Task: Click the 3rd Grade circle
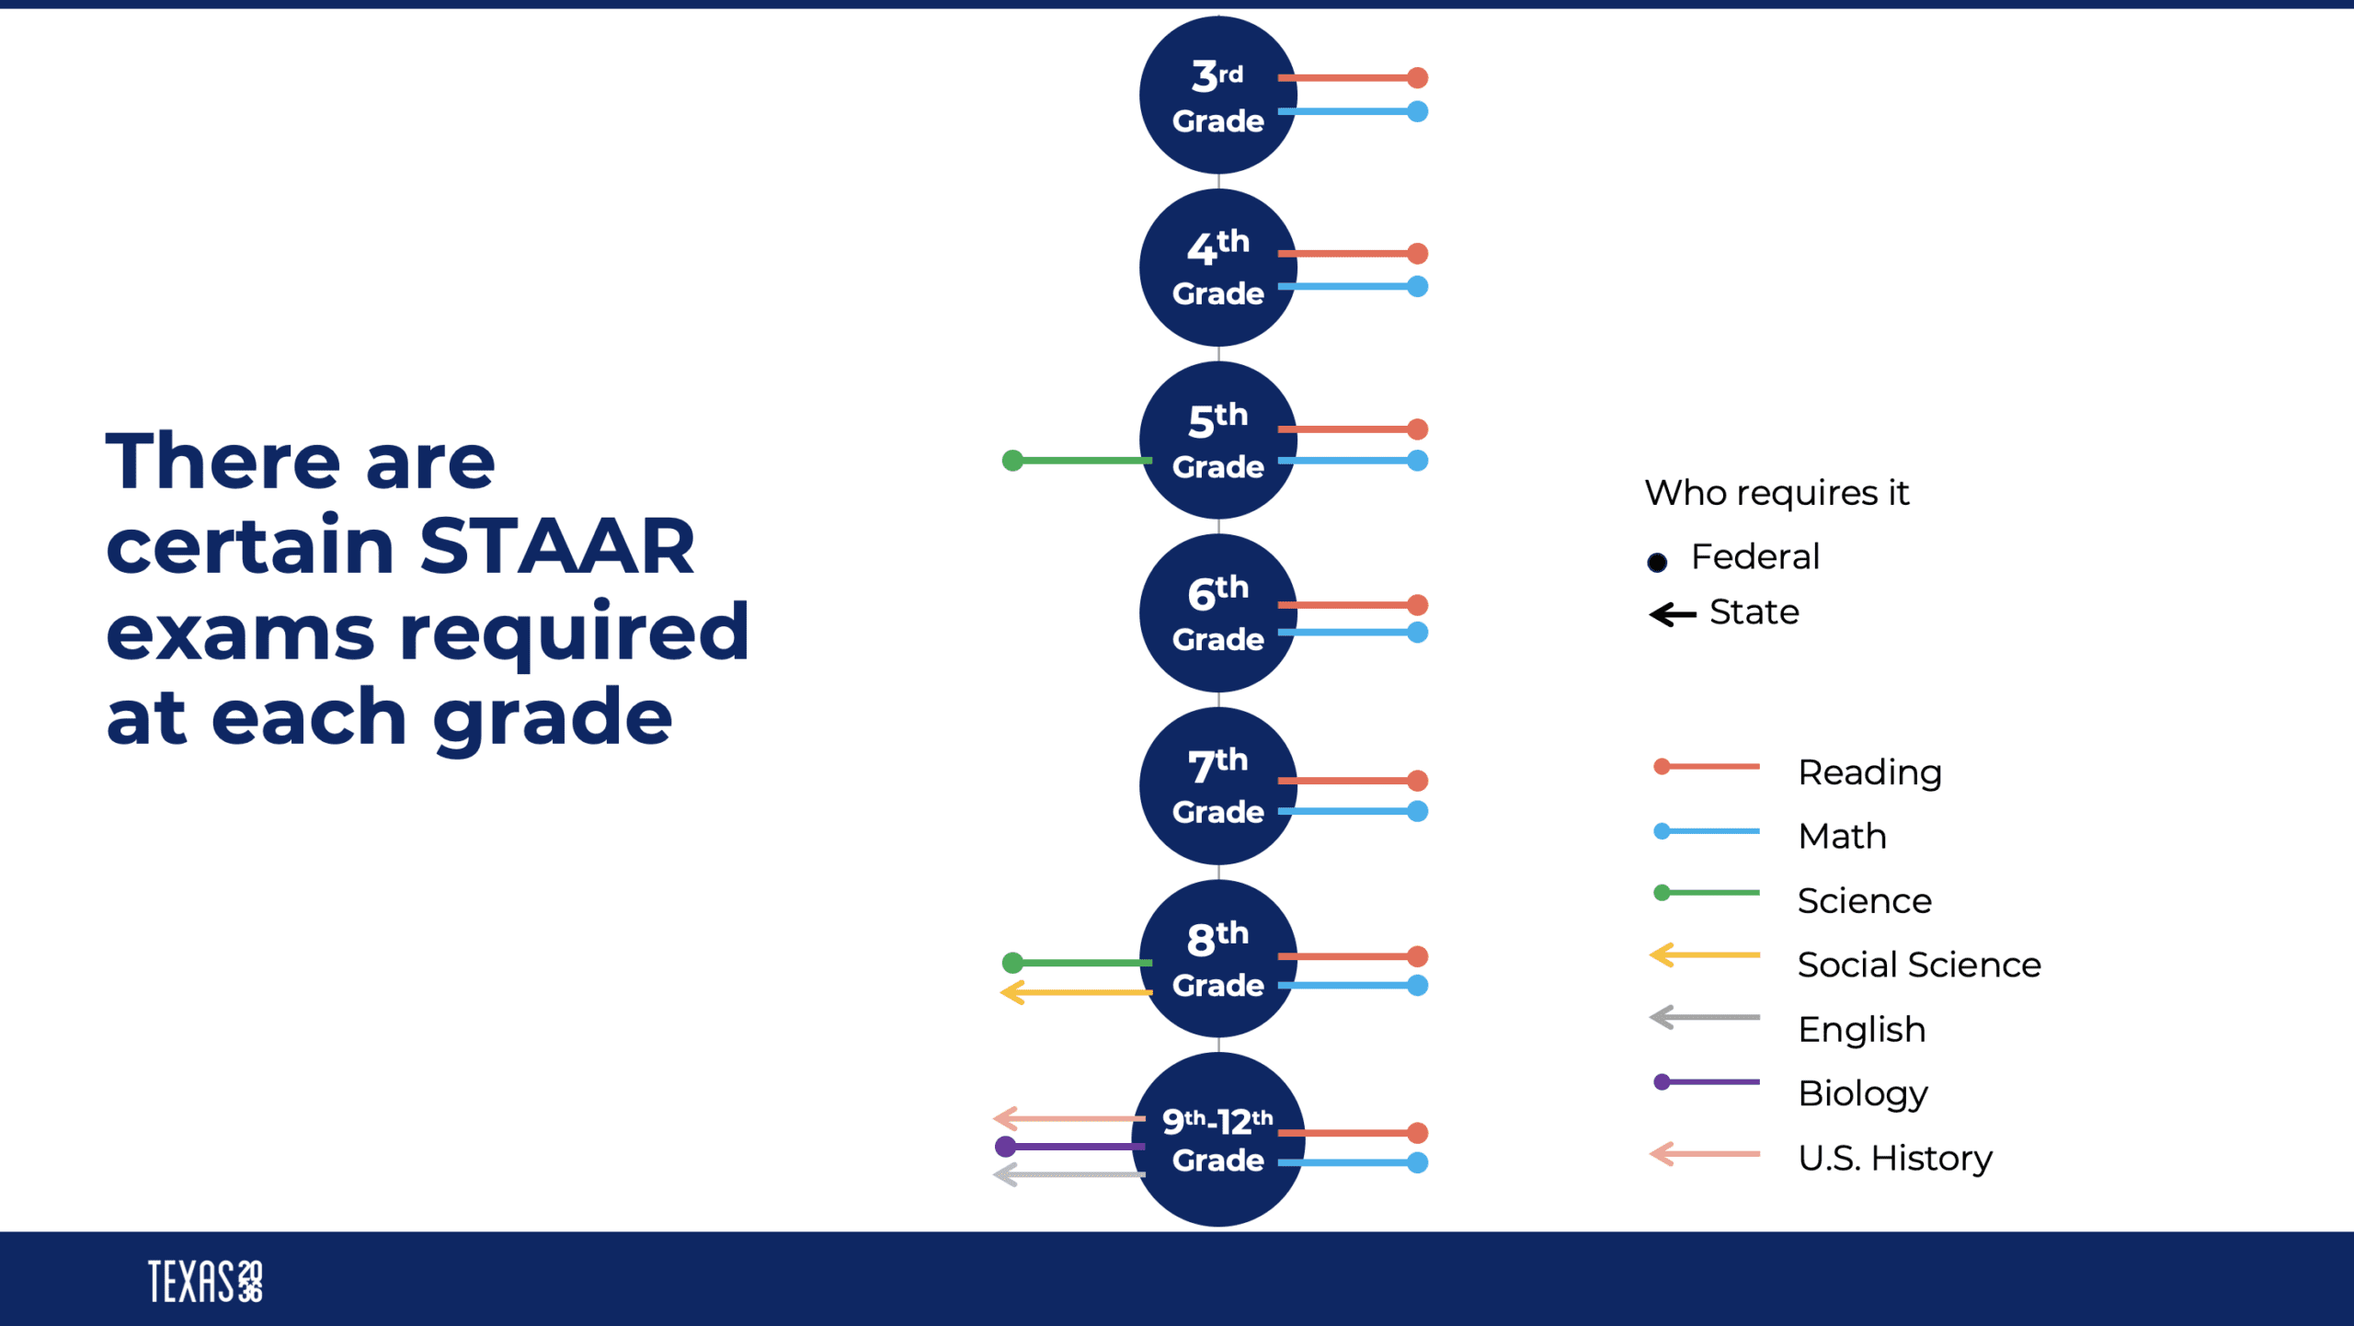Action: [x=1218, y=95]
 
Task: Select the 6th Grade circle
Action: [x=1218, y=613]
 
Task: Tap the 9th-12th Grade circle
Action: [x=1218, y=1140]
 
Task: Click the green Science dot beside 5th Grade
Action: [x=1012, y=460]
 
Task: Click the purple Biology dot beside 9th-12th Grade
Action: [x=1006, y=1147]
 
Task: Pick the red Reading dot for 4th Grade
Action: [x=1418, y=253]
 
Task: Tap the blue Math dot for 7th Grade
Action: [x=1418, y=811]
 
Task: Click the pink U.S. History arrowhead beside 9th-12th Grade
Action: [x=1005, y=1118]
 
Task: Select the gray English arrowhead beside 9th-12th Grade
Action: [x=1005, y=1175]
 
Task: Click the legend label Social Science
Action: [x=1919, y=965]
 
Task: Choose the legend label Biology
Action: [x=1862, y=1094]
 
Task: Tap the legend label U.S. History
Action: [x=1895, y=1159]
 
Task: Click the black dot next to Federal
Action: [x=1657, y=562]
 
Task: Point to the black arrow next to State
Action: [x=1673, y=614]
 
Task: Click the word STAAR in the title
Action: [x=557, y=546]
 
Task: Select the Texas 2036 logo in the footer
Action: [x=205, y=1281]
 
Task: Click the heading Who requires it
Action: [x=1777, y=493]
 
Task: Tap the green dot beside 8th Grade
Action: [x=1012, y=963]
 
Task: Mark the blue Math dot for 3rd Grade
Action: [x=1418, y=111]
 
